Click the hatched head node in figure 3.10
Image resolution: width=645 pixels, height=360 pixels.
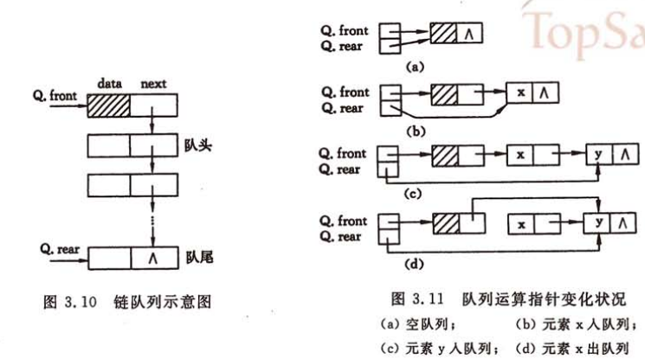pos(108,107)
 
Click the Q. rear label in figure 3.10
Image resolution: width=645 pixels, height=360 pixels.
pos(60,247)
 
